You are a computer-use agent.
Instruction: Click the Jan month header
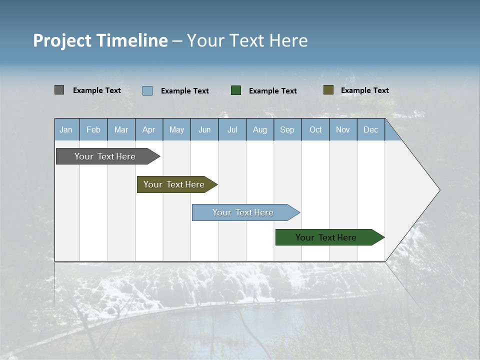66,129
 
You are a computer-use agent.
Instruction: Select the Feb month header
93,129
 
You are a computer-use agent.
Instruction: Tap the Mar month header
121,129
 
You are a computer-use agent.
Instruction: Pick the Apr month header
149,129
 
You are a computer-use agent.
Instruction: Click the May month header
176,129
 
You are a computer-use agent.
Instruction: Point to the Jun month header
204,129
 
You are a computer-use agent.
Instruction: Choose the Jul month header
232,129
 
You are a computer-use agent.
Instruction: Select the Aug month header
260,129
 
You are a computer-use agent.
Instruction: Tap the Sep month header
287,129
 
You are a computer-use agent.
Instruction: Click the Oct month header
315,129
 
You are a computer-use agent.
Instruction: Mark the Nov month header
343,129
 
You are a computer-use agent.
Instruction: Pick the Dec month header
371,129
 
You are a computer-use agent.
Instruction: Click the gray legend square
59,90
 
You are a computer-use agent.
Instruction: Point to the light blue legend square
147,90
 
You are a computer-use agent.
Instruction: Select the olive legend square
328,90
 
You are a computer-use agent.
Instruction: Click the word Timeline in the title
132,40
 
